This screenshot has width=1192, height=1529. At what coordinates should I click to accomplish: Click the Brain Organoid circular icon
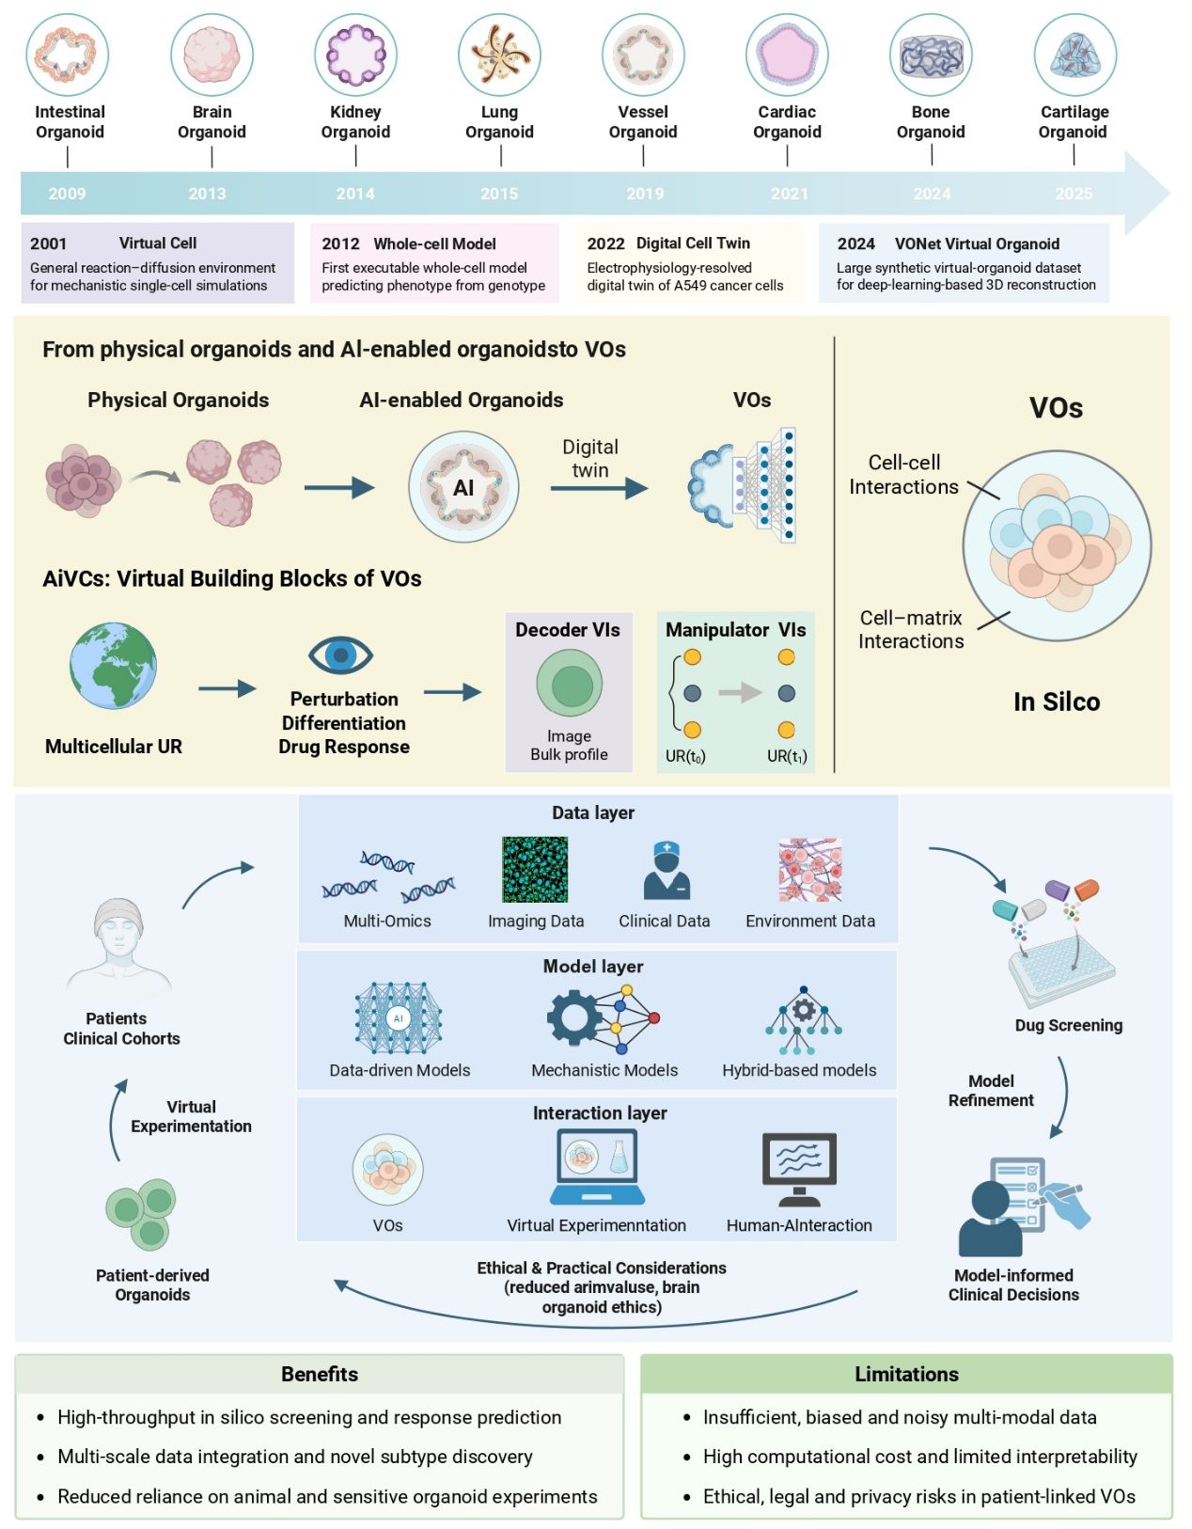coord(212,55)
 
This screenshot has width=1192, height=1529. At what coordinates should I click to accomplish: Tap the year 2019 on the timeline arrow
coord(645,194)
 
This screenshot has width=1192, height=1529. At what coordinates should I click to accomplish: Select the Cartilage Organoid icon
coord(1074,55)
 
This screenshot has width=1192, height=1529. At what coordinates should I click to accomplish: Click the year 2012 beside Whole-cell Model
coord(340,244)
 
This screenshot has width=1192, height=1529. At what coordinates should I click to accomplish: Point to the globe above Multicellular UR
coord(113,665)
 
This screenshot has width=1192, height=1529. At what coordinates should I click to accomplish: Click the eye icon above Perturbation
coord(340,654)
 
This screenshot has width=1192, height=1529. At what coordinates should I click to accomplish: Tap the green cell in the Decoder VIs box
coord(569,684)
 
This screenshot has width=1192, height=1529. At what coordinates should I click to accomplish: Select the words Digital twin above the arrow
coord(590,459)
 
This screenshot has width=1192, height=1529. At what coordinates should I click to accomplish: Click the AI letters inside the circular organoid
coord(463,487)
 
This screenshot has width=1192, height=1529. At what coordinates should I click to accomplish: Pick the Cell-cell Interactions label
coord(903,475)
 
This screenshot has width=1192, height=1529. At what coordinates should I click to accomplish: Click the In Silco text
coord(1057,701)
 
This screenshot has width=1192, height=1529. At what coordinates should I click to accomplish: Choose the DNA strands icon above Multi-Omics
coord(387,875)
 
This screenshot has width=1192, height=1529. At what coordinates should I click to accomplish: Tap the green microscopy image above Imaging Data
coord(535,870)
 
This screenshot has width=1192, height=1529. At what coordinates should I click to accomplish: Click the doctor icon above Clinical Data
coord(666,871)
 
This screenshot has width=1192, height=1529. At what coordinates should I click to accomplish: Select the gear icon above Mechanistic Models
coord(575,1017)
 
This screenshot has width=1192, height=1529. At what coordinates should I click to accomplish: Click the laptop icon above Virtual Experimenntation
coord(597,1167)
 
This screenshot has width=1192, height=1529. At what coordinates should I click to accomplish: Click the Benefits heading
coord(320,1375)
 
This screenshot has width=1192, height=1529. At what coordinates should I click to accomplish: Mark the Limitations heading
coord(906,1375)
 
